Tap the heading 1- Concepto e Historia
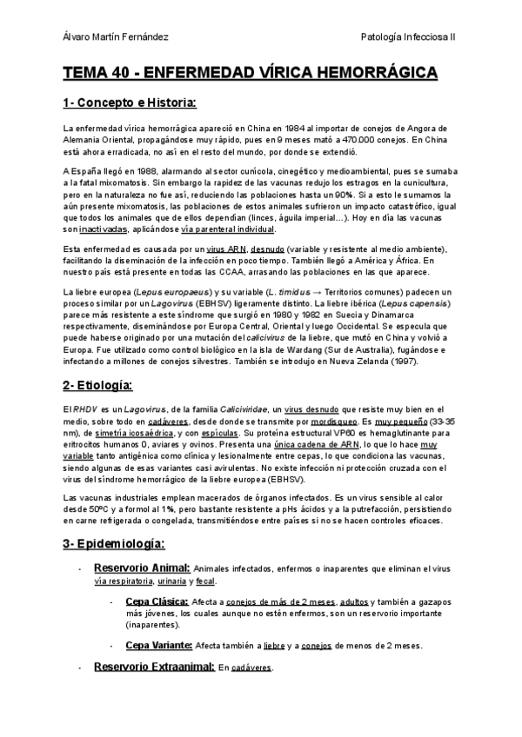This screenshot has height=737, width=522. coord(130,103)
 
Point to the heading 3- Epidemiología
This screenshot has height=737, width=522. coord(113,543)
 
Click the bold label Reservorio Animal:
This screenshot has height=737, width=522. coord(141,567)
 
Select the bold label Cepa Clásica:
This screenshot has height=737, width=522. coord(157,601)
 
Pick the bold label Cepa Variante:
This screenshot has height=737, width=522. coord(158,645)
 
